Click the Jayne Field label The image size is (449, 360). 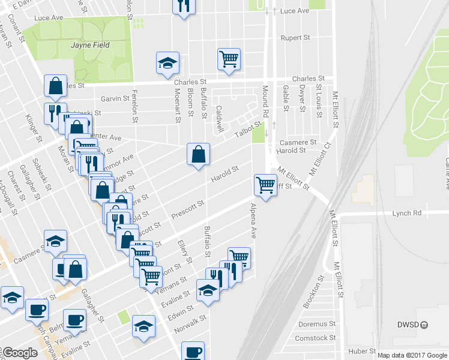click(x=88, y=44)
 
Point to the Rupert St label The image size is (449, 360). click(x=295, y=37)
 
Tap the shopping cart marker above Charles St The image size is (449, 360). click(x=229, y=59)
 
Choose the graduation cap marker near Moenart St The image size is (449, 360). click(x=168, y=63)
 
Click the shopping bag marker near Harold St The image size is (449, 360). click(x=198, y=154)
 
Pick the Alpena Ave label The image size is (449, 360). click(x=253, y=220)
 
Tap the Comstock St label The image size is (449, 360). click(x=316, y=338)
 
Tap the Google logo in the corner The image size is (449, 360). click(x=20, y=353)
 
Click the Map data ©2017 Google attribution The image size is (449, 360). click(x=412, y=355)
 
